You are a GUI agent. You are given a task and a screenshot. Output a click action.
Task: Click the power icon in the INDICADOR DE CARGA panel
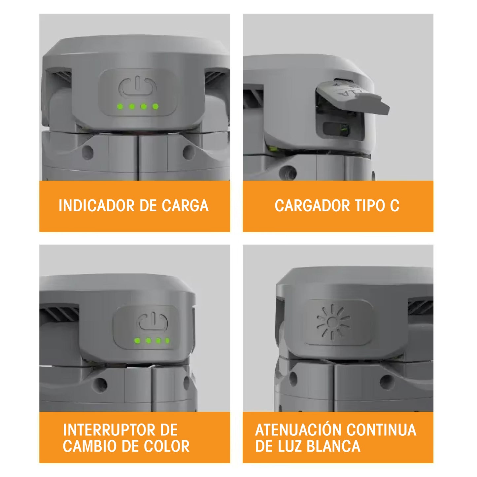pyautogui.click(x=138, y=86)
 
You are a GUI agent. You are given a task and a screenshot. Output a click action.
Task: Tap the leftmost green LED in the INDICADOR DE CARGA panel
pyautogui.click(x=120, y=107)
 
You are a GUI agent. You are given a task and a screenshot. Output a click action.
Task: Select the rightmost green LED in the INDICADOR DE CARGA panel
pyautogui.click(x=155, y=107)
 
